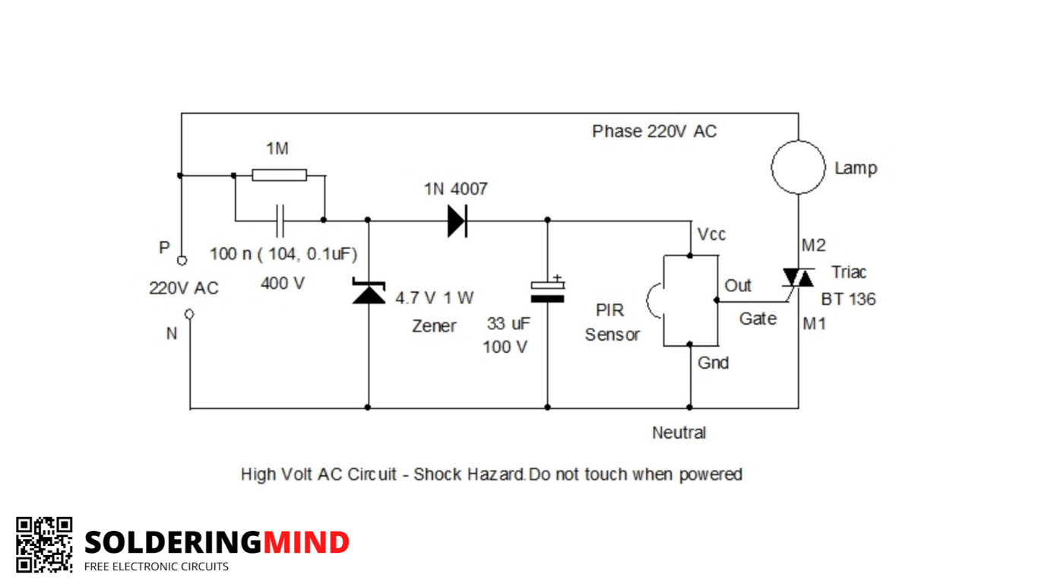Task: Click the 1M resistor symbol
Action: (280, 175)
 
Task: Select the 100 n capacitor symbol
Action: (280, 221)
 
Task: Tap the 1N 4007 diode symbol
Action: (457, 221)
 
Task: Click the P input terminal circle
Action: (182, 261)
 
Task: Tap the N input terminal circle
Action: (189, 315)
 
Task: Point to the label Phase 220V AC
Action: (654, 132)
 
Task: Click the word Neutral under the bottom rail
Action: (679, 433)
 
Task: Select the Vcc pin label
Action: (711, 235)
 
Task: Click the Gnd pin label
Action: (714, 363)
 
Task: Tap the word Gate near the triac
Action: (758, 319)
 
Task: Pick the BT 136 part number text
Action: (849, 299)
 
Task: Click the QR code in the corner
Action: (45, 544)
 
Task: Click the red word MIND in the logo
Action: (306, 542)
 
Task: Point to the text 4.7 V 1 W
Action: (435, 298)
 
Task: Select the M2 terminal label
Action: (814, 245)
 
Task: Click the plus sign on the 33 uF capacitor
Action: (558, 278)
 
